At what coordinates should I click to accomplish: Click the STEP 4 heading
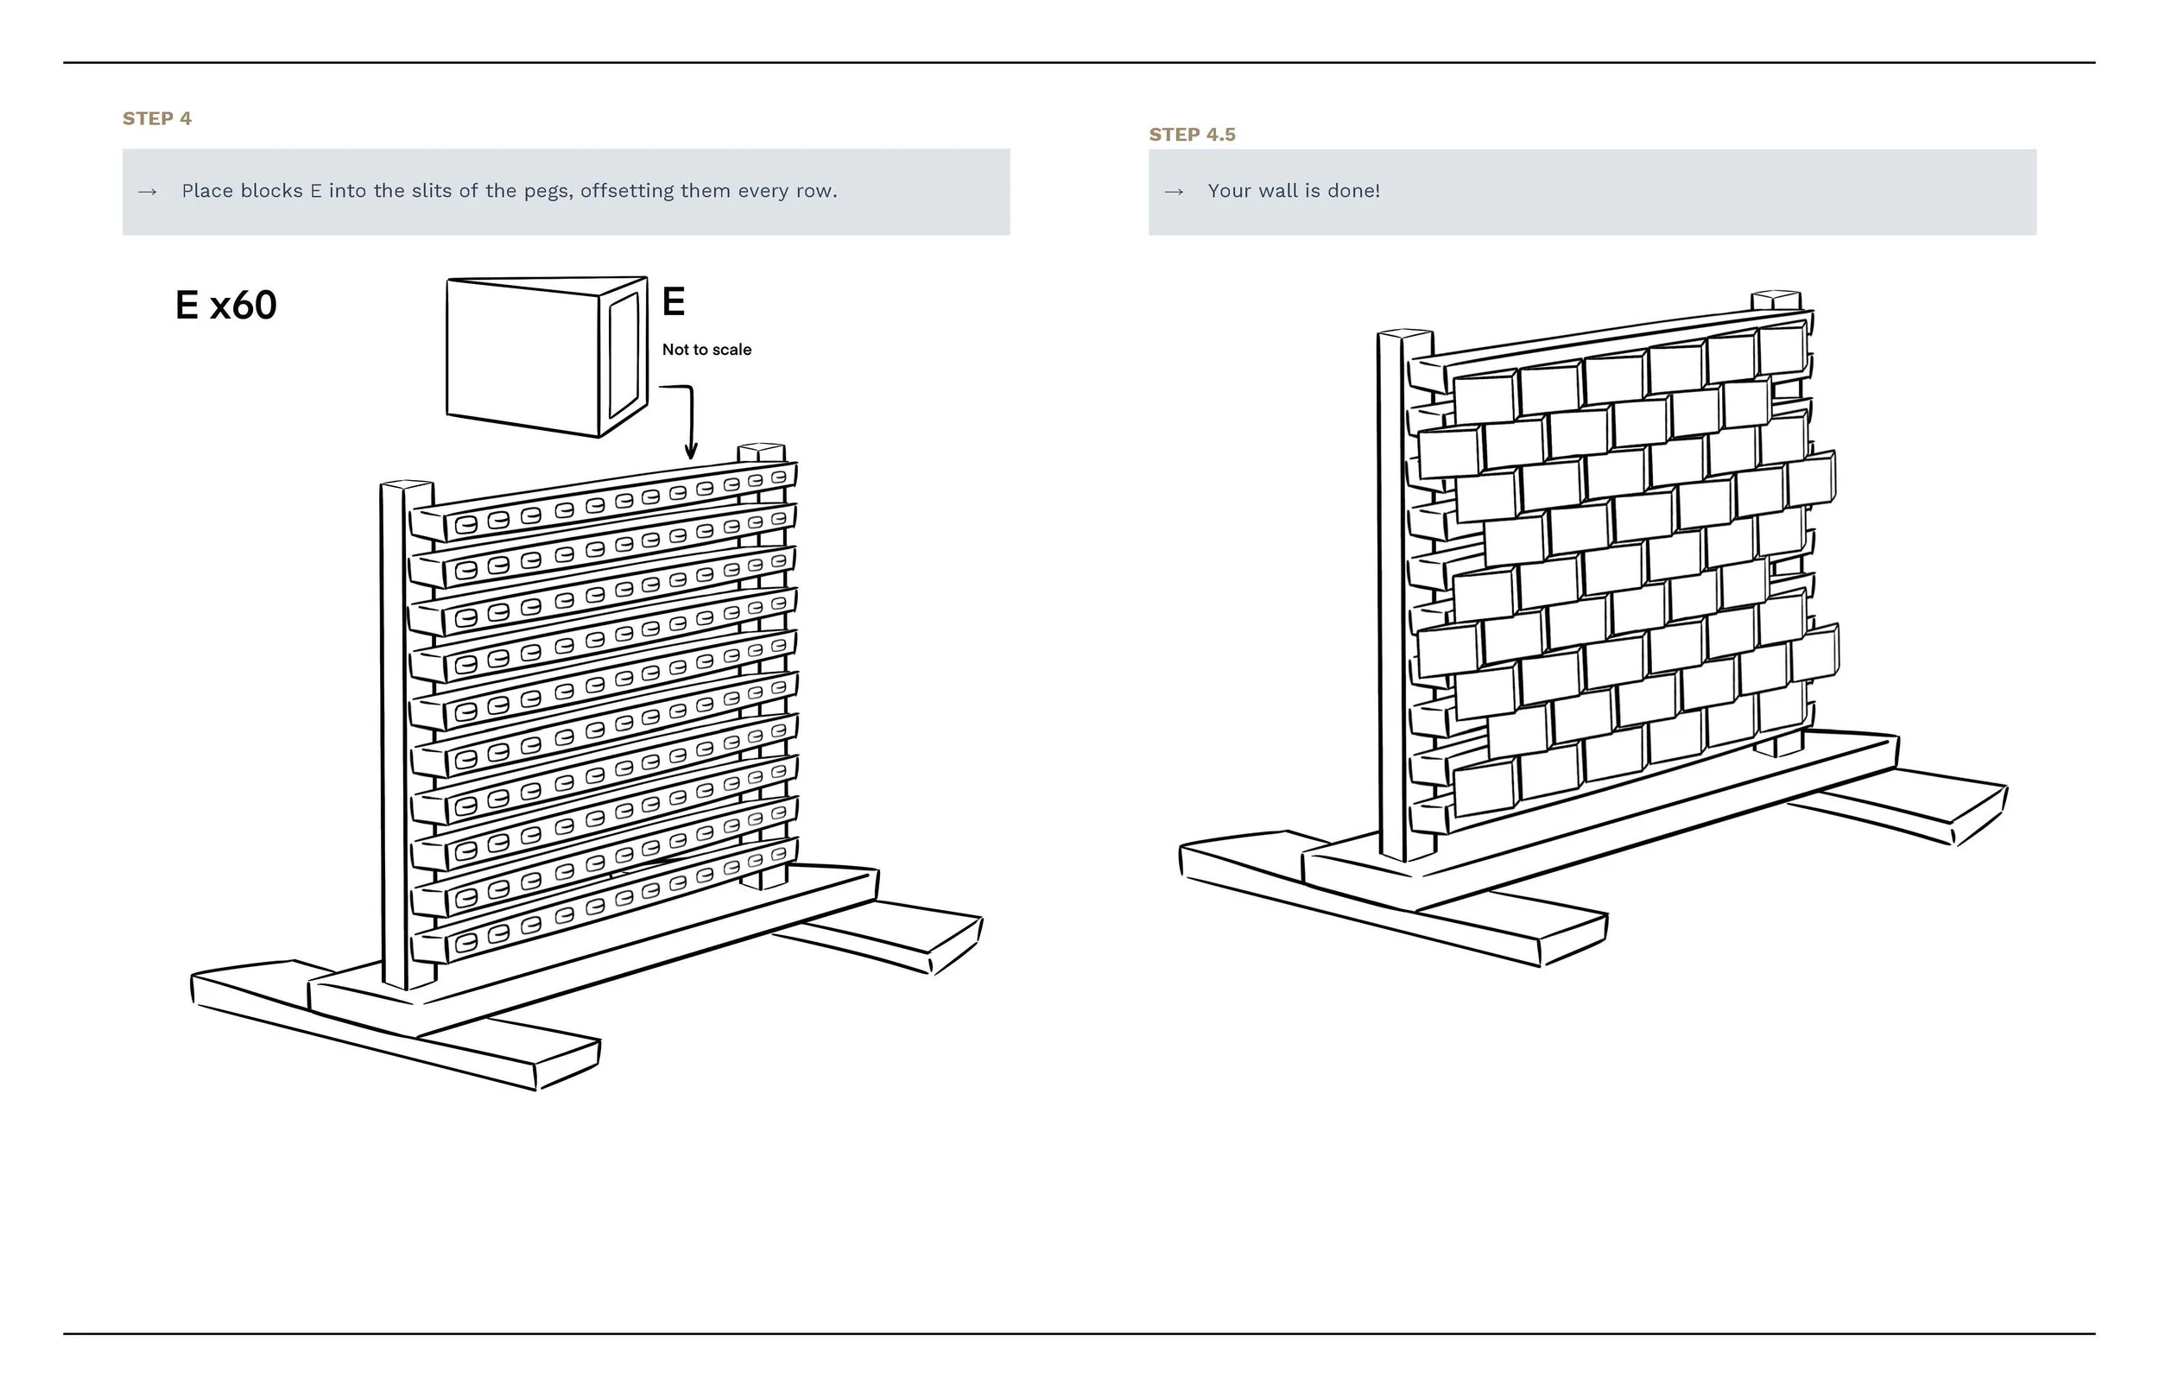click(x=157, y=119)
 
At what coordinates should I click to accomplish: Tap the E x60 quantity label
click(x=226, y=306)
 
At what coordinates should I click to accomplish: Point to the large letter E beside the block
click(x=673, y=302)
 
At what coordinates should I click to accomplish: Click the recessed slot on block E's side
click(x=624, y=356)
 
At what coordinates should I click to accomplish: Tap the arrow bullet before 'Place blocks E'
click(x=147, y=193)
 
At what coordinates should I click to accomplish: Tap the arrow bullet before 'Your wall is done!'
click(x=1174, y=193)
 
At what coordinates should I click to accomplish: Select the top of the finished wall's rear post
click(x=1776, y=299)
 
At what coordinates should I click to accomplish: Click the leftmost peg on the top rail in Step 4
click(x=466, y=524)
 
